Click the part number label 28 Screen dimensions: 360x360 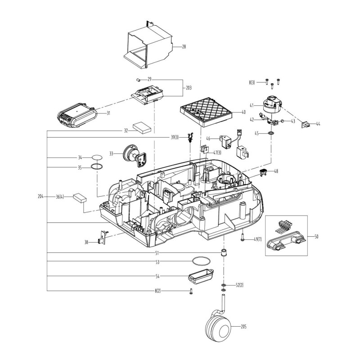click(x=184, y=46)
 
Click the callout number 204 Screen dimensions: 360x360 click(x=41, y=197)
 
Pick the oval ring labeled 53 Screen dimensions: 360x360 click(x=201, y=261)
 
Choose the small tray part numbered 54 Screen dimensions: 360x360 click(x=201, y=275)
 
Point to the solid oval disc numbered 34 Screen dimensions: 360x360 click(x=98, y=157)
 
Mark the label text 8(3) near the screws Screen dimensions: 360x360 click(x=252, y=82)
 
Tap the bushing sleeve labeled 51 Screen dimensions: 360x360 click(x=223, y=252)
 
